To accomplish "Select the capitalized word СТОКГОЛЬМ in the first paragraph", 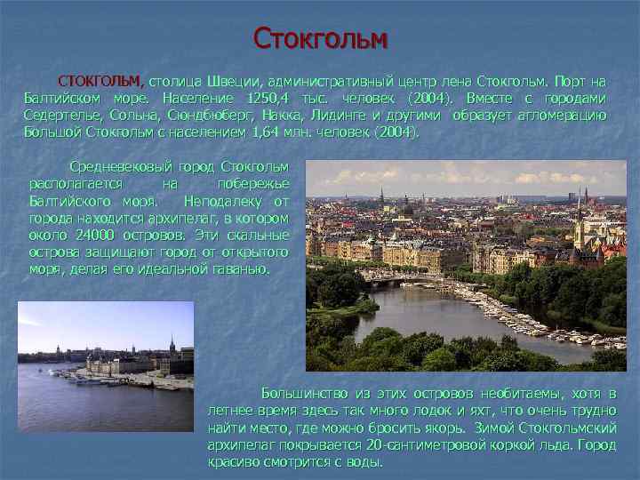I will (98, 81).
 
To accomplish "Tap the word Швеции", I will (236, 81).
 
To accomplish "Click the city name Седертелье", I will (62, 116).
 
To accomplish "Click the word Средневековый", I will (115, 167).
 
